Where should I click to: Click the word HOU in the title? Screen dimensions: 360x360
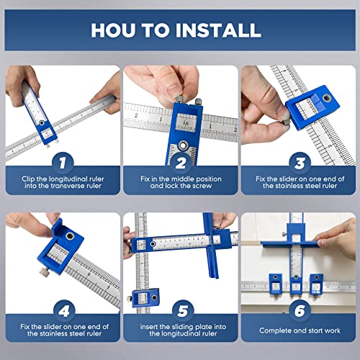[118, 30]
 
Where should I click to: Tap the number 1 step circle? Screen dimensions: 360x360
[62, 164]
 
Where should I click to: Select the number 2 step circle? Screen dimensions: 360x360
[180, 164]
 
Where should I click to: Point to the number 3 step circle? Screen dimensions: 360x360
[298, 164]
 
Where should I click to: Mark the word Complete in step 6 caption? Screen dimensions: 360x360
[273, 330]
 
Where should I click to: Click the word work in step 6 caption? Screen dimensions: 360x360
[326, 330]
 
